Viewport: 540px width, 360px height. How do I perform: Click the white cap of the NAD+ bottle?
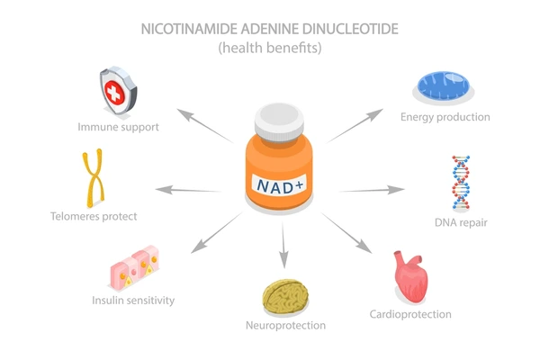pos(279,122)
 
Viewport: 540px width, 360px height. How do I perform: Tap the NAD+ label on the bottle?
pos(280,185)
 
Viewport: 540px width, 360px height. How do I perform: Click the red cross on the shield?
pos(114,93)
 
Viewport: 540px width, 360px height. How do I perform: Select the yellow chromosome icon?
pos(93,178)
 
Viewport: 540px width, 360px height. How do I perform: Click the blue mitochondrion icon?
pos(444,85)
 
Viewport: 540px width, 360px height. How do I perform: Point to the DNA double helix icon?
pos(461,183)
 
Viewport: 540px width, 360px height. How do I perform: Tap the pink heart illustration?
pos(411,276)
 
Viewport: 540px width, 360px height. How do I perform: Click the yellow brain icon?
pos(285,296)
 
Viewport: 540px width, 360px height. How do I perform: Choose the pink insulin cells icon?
pos(135,266)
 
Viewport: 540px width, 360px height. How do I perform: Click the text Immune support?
pos(118,127)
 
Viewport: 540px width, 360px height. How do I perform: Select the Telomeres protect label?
pos(94,216)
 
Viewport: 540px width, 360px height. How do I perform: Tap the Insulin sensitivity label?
pos(133,301)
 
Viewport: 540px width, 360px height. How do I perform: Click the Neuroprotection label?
pos(285,326)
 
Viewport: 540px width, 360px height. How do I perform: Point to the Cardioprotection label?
pos(410,314)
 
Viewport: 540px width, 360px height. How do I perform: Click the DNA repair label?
pos(461,222)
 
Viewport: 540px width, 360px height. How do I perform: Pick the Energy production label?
pos(445,117)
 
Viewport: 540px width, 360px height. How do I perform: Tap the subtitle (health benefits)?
pos(270,48)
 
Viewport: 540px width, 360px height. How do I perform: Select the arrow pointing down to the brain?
pos(283,246)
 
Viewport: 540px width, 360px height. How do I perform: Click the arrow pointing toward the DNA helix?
pos(372,190)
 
